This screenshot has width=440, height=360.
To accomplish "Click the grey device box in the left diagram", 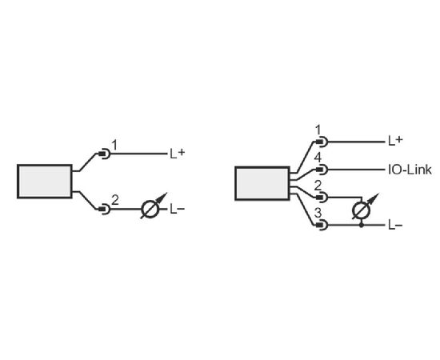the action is [x=45, y=182].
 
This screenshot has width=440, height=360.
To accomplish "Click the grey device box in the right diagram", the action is [x=262, y=183].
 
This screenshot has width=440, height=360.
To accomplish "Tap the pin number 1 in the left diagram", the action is [x=114, y=145].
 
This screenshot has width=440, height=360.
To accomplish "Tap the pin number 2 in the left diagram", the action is [x=115, y=200].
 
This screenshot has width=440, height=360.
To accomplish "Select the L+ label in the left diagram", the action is [x=178, y=154].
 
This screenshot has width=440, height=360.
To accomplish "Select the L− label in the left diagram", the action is [x=178, y=209].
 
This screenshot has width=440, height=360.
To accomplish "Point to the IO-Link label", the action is [x=410, y=170].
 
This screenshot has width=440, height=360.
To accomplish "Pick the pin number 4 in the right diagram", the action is [x=318, y=158].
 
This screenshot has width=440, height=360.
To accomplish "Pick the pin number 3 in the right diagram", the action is [x=318, y=213].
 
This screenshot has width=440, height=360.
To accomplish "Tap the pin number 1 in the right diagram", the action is [x=318, y=130].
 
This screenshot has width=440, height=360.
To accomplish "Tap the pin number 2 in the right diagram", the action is [x=318, y=186].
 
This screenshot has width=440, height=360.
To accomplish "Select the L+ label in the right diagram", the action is [x=395, y=141].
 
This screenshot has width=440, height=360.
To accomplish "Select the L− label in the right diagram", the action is [x=395, y=225].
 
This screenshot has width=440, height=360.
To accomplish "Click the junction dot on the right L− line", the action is [x=362, y=225].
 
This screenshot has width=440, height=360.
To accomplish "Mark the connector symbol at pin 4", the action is [x=322, y=170].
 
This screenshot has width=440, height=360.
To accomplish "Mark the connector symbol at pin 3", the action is [x=322, y=225].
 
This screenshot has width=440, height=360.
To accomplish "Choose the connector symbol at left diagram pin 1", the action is [x=104, y=154].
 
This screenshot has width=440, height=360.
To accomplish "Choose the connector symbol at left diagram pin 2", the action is [x=104, y=209].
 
